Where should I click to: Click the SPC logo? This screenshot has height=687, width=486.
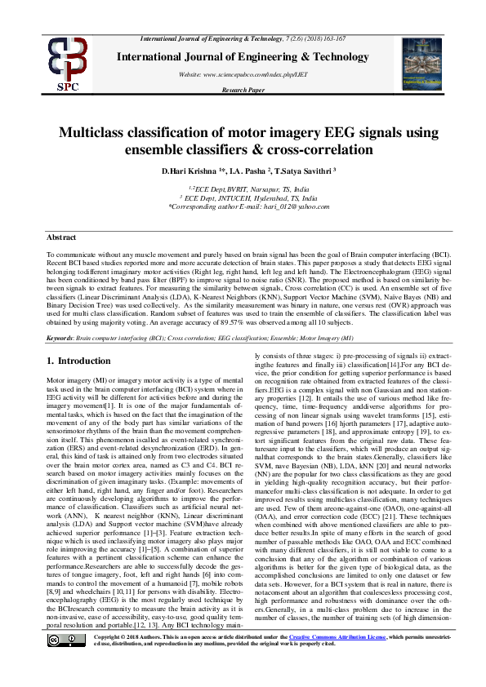click(x=66, y=62)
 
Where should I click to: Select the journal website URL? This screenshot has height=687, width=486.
click(x=243, y=74)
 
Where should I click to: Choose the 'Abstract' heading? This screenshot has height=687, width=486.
click(x=61, y=237)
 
